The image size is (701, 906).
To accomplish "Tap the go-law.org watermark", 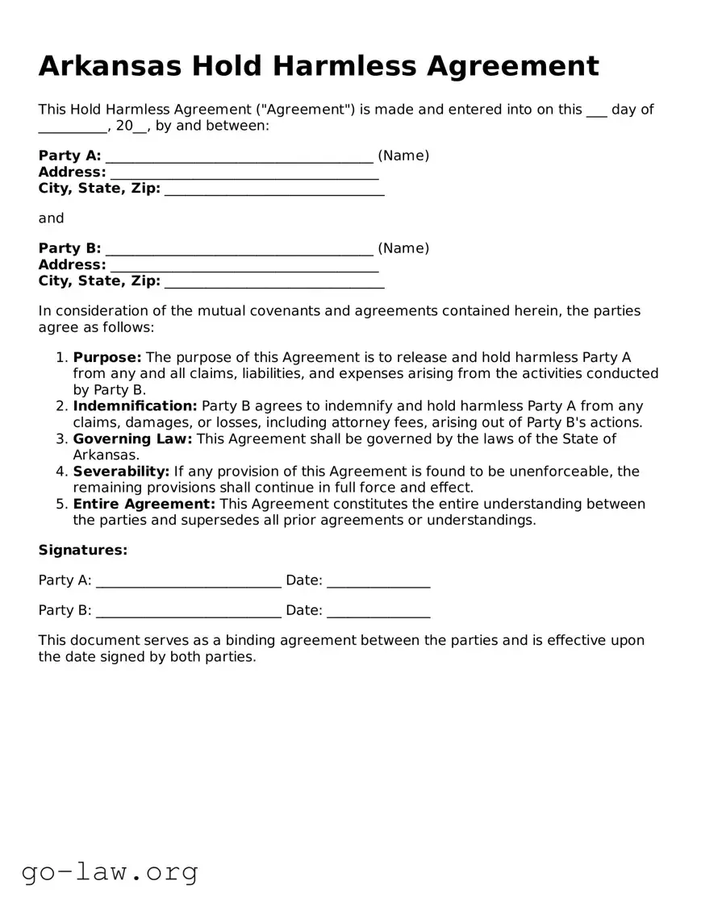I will [110, 871].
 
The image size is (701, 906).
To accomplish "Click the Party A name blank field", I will [239, 157].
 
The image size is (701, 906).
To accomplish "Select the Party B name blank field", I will [239, 250].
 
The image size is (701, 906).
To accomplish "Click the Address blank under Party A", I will [244, 173].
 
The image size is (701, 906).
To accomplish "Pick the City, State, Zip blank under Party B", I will [274, 282].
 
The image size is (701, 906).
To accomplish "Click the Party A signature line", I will [188, 581].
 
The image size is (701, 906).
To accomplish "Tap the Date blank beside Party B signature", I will [378, 612].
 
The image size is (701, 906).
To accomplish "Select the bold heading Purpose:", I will [107, 357].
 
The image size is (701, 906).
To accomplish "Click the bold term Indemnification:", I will [135, 406].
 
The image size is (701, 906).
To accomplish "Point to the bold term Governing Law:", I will [132, 438].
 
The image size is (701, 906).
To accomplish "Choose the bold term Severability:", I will [121, 472].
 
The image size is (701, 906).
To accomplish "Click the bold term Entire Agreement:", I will [144, 504].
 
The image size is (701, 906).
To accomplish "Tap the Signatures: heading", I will [83, 550].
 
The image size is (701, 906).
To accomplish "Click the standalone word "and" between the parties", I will [51, 218].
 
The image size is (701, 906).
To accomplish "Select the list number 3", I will [61, 438].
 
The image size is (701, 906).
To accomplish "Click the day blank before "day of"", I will [596, 111].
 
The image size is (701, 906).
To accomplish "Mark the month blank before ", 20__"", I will [73, 127].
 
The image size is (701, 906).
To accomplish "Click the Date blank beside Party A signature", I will [378, 581].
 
